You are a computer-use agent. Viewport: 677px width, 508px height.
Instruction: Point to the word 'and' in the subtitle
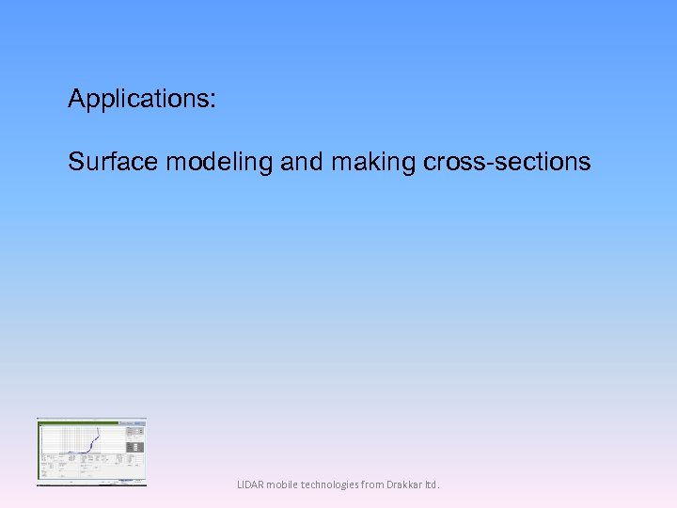pyautogui.click(x=301, y=162)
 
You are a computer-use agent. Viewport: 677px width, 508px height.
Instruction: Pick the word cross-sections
pyautogui.click(x=508, y=162)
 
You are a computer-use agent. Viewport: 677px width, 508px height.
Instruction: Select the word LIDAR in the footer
pyautogui.click(x=251, y=485)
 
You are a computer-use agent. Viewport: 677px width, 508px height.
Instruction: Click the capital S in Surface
pyautogui.click(x=75, y=162)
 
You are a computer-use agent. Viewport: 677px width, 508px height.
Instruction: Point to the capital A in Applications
pyautogui.click(x=76, y=99)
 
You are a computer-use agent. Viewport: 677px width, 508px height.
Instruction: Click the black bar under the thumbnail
pyautogui.click(x=91, y=484)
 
